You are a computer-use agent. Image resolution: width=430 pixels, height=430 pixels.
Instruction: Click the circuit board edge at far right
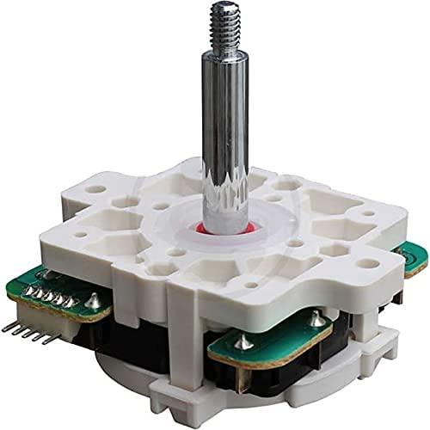(415, 258)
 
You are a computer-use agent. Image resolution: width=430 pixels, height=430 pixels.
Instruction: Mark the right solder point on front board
(317, 321)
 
